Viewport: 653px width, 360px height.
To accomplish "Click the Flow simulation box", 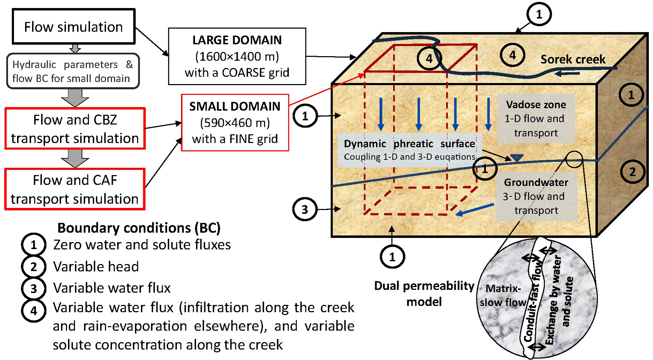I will point(74,27).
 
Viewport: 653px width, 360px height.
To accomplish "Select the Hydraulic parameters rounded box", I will point(73,71).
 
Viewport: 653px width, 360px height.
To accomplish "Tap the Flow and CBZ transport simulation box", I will point(75,129).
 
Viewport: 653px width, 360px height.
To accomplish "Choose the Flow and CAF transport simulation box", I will point(75,189).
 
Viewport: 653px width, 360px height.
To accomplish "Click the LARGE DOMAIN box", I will point(237,56).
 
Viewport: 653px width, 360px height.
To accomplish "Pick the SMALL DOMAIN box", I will point(235,122).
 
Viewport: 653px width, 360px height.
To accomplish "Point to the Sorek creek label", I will point(573,59).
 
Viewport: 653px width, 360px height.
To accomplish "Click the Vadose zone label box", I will point(536,119).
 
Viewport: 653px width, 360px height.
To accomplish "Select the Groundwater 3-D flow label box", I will point(536,196).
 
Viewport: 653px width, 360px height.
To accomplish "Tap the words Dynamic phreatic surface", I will point(409,144).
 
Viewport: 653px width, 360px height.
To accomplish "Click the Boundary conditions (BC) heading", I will point(139,228).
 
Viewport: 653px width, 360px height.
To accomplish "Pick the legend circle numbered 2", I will point(33,267).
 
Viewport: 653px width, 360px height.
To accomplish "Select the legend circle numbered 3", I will point(33,288).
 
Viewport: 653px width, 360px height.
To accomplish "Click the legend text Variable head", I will point(96,267).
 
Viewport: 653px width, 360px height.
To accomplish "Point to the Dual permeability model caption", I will point(424,293).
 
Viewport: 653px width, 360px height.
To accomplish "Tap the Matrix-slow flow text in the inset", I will point(502,295).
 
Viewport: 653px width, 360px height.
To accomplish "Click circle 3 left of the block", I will point(304,209).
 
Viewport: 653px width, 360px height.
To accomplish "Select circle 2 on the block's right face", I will point(632,172).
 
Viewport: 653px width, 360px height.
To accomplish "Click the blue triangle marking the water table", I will point(517,158).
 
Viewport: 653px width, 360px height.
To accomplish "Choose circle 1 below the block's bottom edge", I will point(392,257).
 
